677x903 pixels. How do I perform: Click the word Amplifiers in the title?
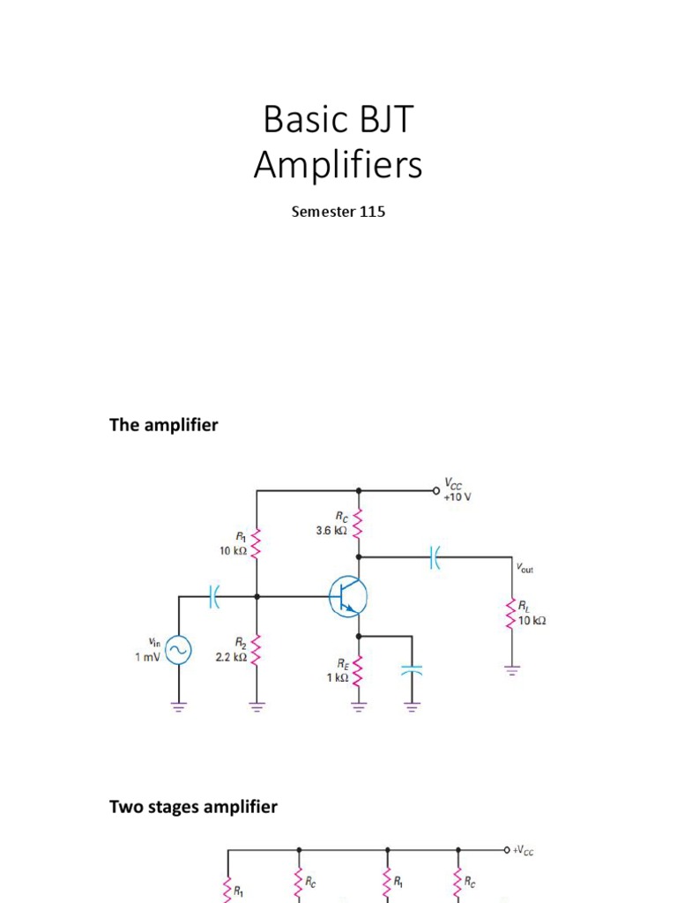pyautogui.click(x=338, y=165)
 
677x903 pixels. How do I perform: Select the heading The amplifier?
pyautogui.click(x=163, y=425)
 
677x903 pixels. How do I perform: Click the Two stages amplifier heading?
pyautogui.click(x=193, y=806)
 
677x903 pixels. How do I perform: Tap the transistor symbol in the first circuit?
pyautogui.click(x=347, y=596)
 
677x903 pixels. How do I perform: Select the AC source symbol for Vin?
pyautogui.click(x=180, y=651)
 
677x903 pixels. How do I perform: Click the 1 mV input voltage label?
pyautogui.click(x=147, y=657)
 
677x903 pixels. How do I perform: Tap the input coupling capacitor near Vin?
pyautogui.click(x=214, y=596)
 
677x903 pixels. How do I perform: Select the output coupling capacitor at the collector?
pyautogui.click(x=435, y=556)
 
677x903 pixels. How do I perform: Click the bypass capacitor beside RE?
pyautogui.click(x=411, y=669)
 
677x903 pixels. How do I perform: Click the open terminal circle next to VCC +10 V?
pyautogui.click(x=435, y=490)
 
